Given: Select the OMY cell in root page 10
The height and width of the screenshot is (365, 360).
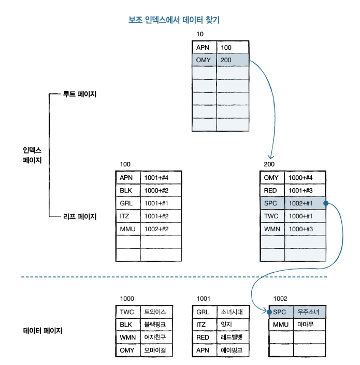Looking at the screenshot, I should pos(204,60).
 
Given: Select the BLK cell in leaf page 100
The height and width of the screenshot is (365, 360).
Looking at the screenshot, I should pos(126,190).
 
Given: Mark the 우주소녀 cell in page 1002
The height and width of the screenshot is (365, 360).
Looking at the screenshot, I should pos(308,312).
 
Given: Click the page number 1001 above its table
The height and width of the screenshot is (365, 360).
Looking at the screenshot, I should pos(204,299).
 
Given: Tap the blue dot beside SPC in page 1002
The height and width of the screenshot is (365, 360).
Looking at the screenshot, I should pos(269,312).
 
